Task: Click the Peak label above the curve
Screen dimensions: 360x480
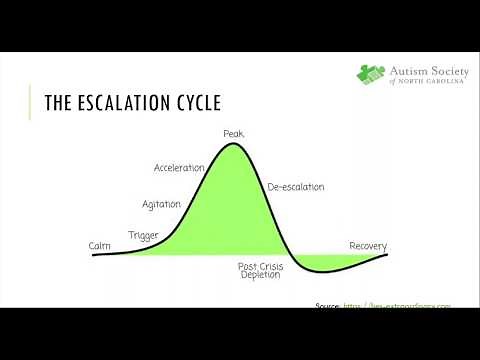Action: click(x=233, y=134)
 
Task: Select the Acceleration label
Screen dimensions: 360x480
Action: click(x=179, y=167)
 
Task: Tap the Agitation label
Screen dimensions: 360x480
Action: click(x=161, y=203)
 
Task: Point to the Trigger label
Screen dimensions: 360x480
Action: click(x=144, y=235)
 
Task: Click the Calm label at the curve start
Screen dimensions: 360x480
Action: click(x=99, y=245)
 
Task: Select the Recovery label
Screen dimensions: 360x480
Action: click(x=368, y=246)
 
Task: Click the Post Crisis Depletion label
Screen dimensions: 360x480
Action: click(x=260, y=271)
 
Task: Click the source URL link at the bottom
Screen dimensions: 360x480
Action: click(x=399, y=306)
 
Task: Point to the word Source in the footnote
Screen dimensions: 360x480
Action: click(x=328, y=306)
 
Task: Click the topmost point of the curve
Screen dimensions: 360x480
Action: click(x=233, y=144)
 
